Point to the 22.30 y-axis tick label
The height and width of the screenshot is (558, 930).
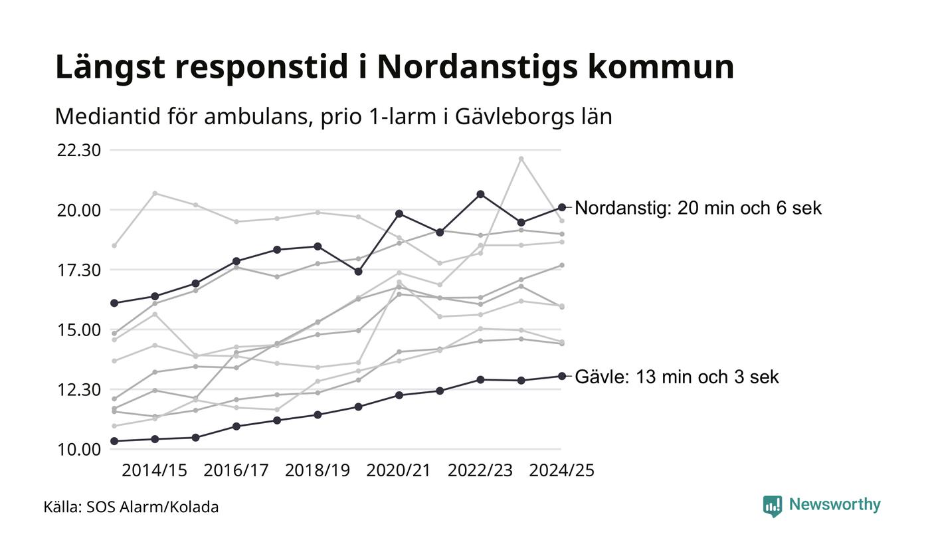pyautogui.click(x=79, y=150)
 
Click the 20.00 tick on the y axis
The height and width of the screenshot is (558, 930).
pyautogui.click(x=79, y=210)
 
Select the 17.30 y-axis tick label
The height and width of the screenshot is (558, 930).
pyautogui.click(x=79, y=270)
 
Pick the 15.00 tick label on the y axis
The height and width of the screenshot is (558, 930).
pyautogui.click(x=79, y=329)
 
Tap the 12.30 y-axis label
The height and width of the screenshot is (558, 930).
pyautogui.click(x=79, y=389)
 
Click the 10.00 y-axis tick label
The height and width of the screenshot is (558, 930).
pyautogui.click(x=79, y=450)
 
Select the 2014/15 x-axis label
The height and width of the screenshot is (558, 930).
pyautogui.click(x=155, y=470)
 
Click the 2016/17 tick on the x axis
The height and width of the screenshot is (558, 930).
pyautogui.click(x=236, y=470)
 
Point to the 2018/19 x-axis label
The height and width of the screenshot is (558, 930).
pyautogui.click(x=318, y=470)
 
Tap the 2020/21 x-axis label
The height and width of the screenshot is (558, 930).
pyautogui.click(x=399, y=470)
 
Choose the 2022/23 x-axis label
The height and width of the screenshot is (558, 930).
pyautogui.click(x=480, y=470)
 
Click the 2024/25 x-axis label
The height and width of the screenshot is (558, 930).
pyautogui.click(x=561, y=470)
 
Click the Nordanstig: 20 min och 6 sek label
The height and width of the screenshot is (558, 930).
pyautogui.click(x=698, y=208)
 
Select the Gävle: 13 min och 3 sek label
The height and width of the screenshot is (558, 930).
pyautogui.click(x=676, y=377)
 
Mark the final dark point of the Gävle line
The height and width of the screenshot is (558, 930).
pyautogui.click(x=561, y=376)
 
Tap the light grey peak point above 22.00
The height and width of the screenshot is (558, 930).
pyautogui.click(x=521, y=159)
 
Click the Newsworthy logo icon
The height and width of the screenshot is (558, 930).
pyautogui.click(x=773, y=506)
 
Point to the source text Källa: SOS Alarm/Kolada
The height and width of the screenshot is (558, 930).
pyautogui.click(x=131, y=508)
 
